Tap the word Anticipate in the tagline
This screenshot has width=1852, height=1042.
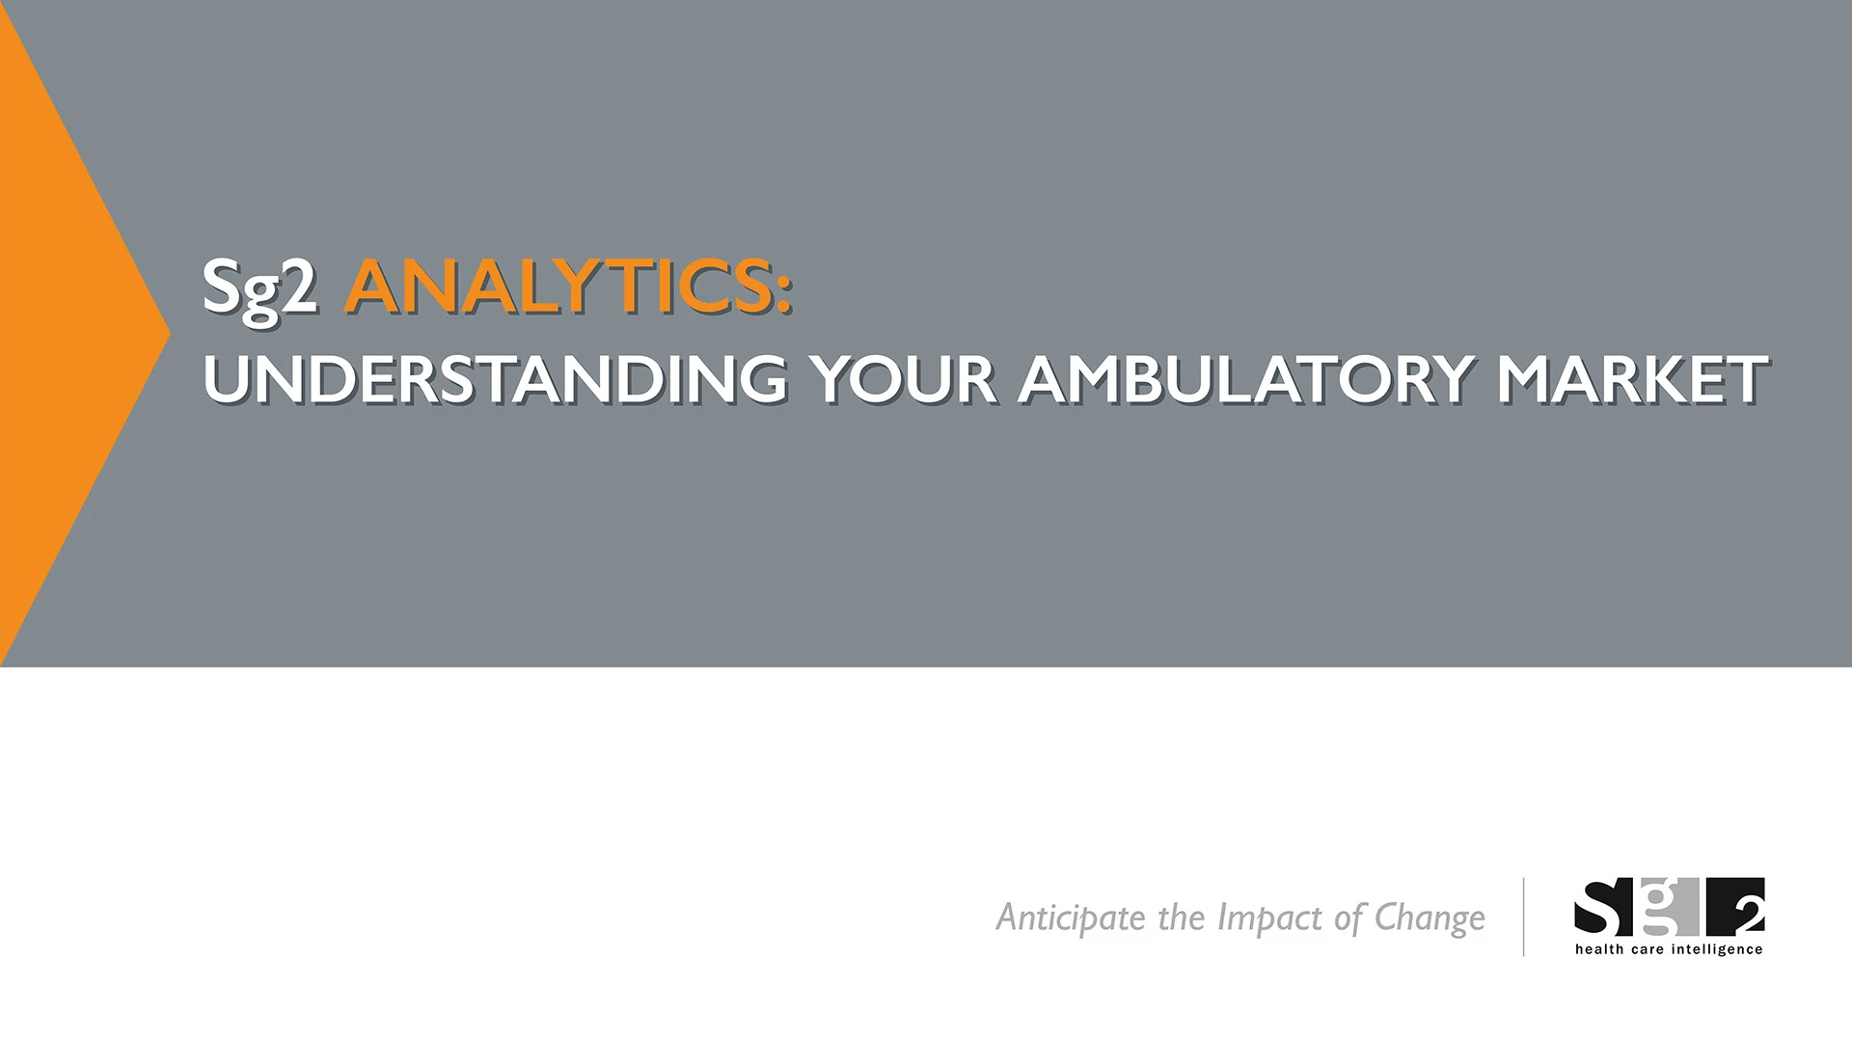(x=1072, y=918)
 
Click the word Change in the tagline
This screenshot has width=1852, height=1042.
(x=1430, y=919)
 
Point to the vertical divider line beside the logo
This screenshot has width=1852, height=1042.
(x=1524, y=917)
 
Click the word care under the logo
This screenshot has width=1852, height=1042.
(x=1645, y=950)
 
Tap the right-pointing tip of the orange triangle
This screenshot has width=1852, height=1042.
(x=171, y=334)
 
